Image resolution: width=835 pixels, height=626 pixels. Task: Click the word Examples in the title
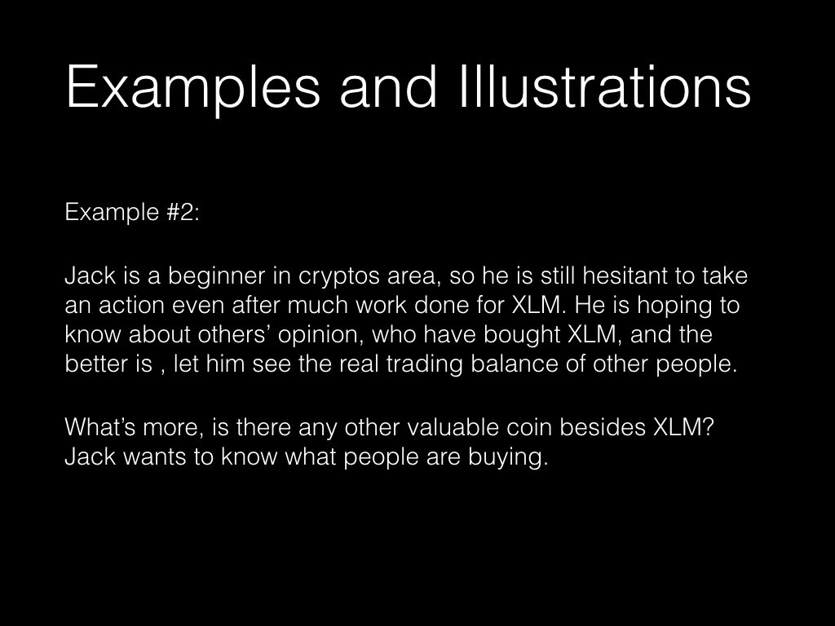[x=192, y=87]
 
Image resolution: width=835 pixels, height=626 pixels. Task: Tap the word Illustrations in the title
[x=605, y=86]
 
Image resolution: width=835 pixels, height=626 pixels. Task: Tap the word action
[x=131, y=306]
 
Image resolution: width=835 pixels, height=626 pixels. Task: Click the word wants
[x=154, y=457]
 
